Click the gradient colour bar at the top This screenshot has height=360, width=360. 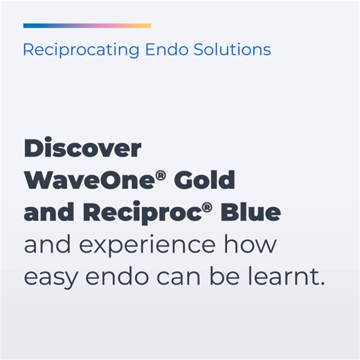[x=87, y=26]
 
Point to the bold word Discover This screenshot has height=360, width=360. [x=82, y=149]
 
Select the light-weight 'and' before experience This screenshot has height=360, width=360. [x=44, y=246]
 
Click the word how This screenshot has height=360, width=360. [x=249, y=246]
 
